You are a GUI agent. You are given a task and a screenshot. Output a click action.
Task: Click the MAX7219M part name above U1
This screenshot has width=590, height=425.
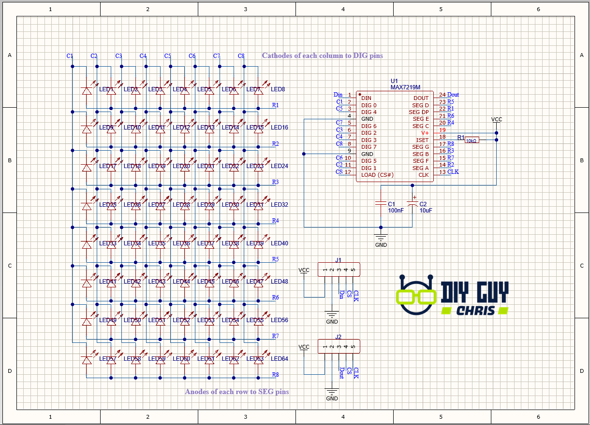tap(405, 87)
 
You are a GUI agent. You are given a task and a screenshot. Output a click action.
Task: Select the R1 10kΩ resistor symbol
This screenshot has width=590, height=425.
tap(472, 140)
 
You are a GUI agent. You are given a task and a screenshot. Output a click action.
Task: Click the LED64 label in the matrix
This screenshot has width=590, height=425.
tap(279, 359)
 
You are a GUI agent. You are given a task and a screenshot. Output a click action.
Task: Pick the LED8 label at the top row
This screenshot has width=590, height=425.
tap(278, 89)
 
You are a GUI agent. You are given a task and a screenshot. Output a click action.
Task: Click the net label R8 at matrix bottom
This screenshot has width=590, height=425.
tap(275, 374)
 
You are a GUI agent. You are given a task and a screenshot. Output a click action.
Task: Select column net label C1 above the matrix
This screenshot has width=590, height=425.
tap(70, 56)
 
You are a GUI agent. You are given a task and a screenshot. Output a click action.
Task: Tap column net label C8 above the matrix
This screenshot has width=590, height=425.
tap(241, 56)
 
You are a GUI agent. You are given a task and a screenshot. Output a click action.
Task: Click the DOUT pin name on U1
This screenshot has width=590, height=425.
tap(421, 98)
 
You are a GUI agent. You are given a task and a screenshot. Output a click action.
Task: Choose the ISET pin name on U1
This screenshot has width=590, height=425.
tap(422, 140)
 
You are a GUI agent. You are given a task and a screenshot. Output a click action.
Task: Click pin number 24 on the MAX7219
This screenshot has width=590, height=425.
tap(442, 95)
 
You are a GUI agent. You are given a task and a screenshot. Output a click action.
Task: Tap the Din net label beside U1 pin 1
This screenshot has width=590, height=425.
tap(338, 95)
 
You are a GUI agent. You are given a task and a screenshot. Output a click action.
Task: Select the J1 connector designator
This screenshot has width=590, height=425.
tap(338, 260)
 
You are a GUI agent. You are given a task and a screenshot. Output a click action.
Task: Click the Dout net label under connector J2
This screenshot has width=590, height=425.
tap(342, 372)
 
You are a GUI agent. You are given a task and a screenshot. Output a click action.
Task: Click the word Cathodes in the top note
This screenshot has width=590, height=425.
tap(278, 56)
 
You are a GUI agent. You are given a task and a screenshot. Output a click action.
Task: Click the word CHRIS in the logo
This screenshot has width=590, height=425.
tap(476, 310)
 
